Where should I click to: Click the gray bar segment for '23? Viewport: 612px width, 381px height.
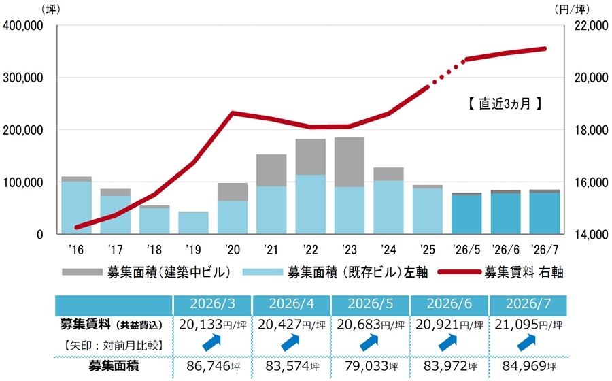350,162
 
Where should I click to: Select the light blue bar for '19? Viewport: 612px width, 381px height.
193,223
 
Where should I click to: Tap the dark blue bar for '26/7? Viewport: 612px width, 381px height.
545,213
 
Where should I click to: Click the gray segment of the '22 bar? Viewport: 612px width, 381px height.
310,156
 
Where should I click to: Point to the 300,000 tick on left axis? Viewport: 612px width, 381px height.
22,78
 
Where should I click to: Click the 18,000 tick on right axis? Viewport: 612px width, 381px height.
591,130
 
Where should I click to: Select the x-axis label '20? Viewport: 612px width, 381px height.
233,250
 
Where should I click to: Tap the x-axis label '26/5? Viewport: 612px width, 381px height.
466,250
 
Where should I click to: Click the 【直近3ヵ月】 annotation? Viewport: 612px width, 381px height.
505,104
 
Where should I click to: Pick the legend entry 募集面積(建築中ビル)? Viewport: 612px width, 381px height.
146,272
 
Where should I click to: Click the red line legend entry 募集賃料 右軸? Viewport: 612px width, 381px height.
500,272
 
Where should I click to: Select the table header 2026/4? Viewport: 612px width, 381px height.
292,303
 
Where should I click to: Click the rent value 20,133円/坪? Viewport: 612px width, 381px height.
213,325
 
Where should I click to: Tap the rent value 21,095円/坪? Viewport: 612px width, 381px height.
528,325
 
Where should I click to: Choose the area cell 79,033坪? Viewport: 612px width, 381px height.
371,366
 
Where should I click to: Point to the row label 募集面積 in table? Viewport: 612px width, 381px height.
114,366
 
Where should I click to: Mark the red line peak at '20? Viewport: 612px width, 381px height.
233,113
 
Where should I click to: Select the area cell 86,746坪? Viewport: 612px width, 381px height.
213,366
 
